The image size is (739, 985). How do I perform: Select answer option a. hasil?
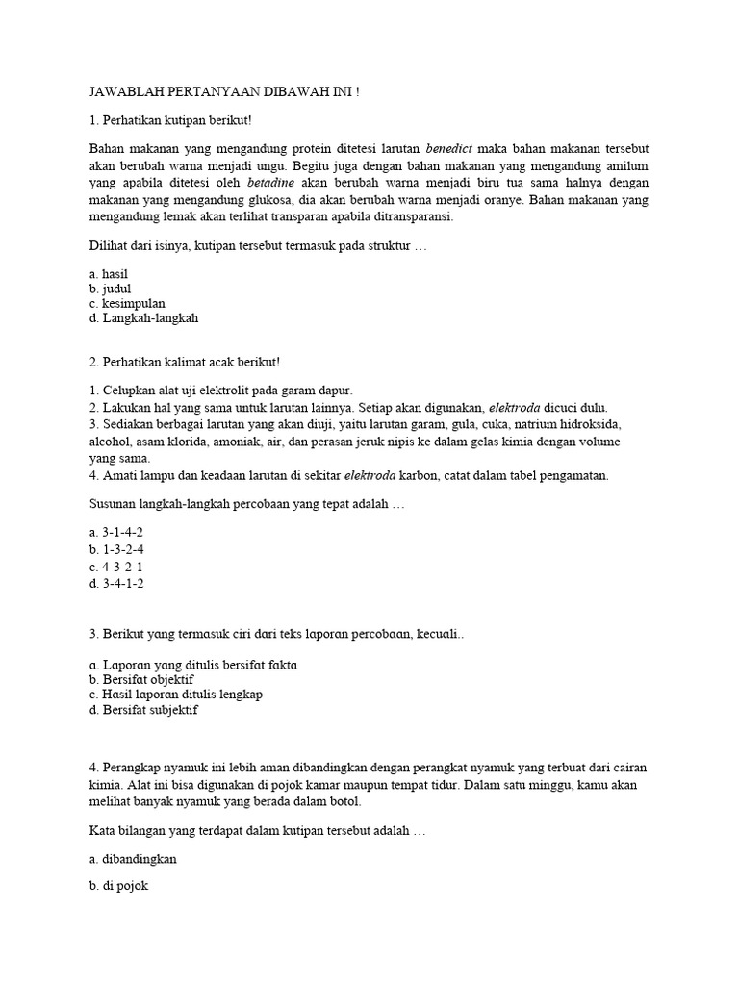pyautogui.click(x=109, y=274)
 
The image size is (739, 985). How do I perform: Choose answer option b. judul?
pyautogui.click(x=110, y=289)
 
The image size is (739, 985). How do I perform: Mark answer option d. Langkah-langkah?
pyautogui.click(x=143, y=317)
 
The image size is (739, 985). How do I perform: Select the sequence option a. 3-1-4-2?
pyautogui.click(x=116, y=531)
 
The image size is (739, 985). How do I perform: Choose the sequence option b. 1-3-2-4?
pyautogui.click(x=116, y=548)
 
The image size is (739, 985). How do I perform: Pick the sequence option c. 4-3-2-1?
pyautogui.click(x=116, y=566)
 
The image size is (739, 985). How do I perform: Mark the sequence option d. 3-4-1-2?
pyautogui.click(x=116, y=583)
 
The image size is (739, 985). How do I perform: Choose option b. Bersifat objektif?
pyautogui.click(x=141, y=679)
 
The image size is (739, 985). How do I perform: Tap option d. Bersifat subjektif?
pyautogui.click(x=143, y=711)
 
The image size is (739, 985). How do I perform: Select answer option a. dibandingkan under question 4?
pyautogui.click(x=134, y=859)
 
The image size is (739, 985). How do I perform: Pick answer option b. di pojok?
pyautogui.click(x=118, y=890)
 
